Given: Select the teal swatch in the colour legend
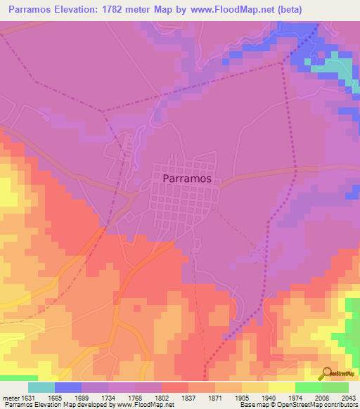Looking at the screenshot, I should [41, 387].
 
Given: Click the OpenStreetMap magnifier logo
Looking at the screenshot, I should [325, 373].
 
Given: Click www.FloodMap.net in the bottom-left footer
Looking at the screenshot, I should [147, 405].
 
